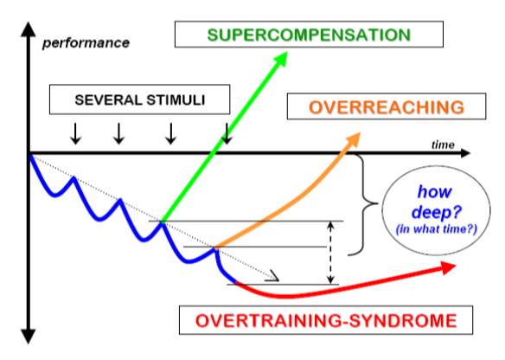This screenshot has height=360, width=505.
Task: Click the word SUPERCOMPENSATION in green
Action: click(x=309, y=35)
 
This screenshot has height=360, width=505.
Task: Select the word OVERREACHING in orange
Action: click(x=387, y=107)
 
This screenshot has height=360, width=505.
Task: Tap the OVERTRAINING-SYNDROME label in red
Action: click(x=326, y=321)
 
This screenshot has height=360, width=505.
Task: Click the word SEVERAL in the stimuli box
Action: click(x=109, y=100)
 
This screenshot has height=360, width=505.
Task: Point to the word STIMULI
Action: click(x=176, y=100)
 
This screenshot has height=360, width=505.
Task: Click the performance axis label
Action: click(x=86, y=43)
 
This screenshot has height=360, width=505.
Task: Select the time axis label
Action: click(x=443, y=145)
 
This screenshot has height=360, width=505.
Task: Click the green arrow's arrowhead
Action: click(x=279, y=59)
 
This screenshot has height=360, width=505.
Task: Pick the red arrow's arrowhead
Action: click(x=448, y=267)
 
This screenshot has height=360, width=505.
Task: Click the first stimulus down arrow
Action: click(x=76, y=133)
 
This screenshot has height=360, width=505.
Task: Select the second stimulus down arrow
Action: click(x=119, y=133)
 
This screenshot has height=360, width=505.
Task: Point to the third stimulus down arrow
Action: click(x=171, y=133)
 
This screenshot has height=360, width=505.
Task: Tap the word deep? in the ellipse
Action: click(x=437, y=213)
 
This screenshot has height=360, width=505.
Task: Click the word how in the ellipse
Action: click(x=434, y=192)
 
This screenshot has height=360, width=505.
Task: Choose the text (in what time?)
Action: click(x=437, y=229)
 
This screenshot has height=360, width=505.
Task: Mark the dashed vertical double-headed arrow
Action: click(x=330, y=253)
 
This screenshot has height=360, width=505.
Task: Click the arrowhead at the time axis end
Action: click(x=464, y=153)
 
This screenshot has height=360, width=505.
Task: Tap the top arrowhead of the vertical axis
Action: click(x=29, y=29)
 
